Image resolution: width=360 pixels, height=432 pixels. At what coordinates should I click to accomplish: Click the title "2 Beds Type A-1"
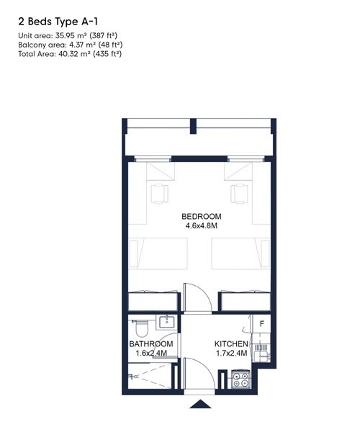[x=58, y=22]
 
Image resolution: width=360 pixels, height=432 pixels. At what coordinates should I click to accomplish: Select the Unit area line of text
[x=68, y=35]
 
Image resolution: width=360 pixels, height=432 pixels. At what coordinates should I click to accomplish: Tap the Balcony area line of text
[x=71, y=45]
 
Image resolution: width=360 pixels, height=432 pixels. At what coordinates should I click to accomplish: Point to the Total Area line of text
[x=70, y=54]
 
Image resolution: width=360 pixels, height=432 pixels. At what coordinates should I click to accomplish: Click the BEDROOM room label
[x=202, y=216]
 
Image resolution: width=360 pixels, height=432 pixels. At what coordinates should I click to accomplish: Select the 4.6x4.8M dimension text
[x=202, y=225]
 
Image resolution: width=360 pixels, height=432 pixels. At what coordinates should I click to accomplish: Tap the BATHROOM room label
[x=151, y=344]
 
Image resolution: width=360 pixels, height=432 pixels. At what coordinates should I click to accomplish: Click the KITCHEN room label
[x=231, y=344]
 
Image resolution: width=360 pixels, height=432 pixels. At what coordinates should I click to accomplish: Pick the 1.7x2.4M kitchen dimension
[x=231, y=353]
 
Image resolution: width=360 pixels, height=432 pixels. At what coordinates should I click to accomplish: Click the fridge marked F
[x=261, y=324]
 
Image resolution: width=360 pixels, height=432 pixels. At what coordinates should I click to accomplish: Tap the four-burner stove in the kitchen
[x=240, y=379]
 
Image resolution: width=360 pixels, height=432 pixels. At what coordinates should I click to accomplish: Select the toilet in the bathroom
[x=141, y=328]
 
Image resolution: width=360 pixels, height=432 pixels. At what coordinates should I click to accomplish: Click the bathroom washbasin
[x=166, y=322]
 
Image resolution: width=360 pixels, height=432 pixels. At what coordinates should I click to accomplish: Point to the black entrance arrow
[x=201, y=404]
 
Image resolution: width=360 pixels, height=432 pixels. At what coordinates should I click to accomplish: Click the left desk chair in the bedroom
[x=159, y=194]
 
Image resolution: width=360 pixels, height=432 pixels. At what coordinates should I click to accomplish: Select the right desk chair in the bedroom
[x=239, y=194]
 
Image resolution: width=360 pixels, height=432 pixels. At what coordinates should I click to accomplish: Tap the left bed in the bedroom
[x=158, y=253]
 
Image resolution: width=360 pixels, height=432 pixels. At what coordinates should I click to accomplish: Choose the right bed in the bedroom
[x=240, y=253]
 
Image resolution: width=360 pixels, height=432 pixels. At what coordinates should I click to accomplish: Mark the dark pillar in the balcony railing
[x=194, y=126]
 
